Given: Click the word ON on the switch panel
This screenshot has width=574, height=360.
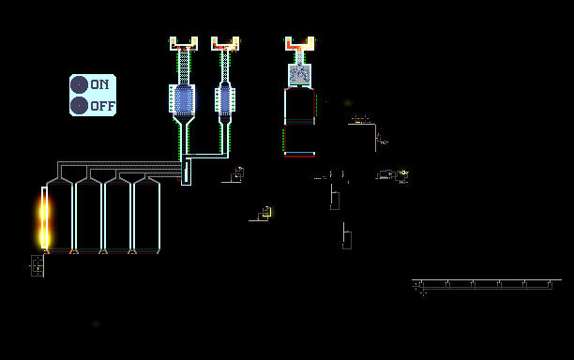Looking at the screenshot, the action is (x=99, y=84).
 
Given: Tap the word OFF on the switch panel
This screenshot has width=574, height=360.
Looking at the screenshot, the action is (x=103, y=106).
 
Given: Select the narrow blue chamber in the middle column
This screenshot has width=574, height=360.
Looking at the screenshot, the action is (x=225, y=99).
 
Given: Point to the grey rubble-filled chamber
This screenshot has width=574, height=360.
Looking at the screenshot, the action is (x=300, y=75).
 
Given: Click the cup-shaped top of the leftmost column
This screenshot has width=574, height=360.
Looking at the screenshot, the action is (x=184, y=43).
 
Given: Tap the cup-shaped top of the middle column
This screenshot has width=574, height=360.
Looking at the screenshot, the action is (x=225, y=43).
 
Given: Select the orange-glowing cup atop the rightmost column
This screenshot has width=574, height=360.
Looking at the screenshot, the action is (x=300, y=43).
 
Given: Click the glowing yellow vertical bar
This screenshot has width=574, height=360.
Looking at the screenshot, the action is (x=44, y=217).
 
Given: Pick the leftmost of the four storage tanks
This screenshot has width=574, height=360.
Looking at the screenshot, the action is (x=59, y=216).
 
